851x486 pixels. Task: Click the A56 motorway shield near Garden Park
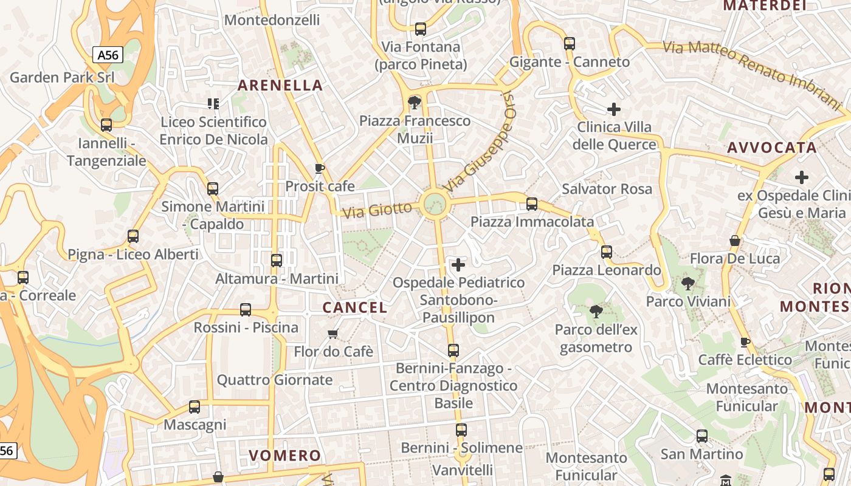pyautogui.click(x=108, y=55)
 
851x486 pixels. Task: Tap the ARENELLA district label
pyautogui.click(x=280, y=85)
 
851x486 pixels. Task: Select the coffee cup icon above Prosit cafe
pyautogui.click(x=320, y=168)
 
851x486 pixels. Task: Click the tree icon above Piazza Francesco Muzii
pyautogui.click(x=415, y=101)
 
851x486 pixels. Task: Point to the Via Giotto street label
pyautogui.click(x=377, y=211)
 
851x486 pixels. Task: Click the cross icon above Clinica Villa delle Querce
pyautogui.click(x=614, y=109)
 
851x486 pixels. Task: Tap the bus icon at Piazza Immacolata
pyautogui.click(x=532, y=204)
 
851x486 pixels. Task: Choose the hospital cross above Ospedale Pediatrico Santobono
pyautogui.click(x=458, y=264)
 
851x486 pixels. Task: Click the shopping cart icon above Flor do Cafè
pyautogui.click(x=332, y=334)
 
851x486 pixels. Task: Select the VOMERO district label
pyautogui.click(x=285, y=455)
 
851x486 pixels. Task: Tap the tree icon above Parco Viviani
pyautogui.click(x=688, y=283)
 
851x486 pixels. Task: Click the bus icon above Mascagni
pyautogui.click(x=195, y=406)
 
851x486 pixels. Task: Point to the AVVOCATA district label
pyautogui.click(x=771, y=148)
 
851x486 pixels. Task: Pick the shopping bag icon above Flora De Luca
pyautogui.click(x=735, y=241)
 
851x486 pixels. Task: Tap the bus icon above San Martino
pyautogui.click(x=702, y=436)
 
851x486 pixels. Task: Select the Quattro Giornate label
pyautogui.click(x=275, y=380)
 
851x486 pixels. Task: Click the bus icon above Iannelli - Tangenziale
pyautogui.click(x=106, y=125)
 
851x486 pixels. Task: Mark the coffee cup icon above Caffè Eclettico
pyautogui.click(x=745, y=342)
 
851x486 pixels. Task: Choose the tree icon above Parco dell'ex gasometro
pyautogui.click(x=596, y=312)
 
